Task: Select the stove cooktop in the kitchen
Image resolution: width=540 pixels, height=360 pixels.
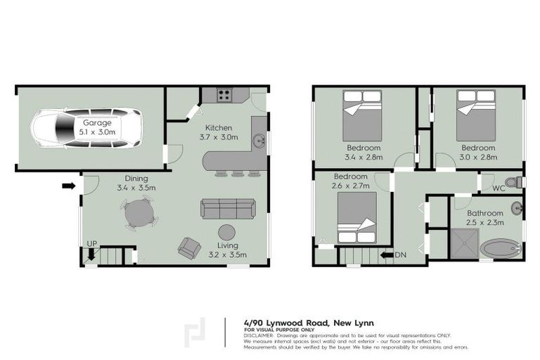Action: [x=225, y=94]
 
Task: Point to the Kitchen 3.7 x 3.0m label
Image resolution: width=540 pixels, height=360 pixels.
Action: [x=215, y=131]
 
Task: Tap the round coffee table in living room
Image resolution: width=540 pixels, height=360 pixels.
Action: [x=226, y=232]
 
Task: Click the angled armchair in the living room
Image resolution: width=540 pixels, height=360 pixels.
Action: [x=189, y=247]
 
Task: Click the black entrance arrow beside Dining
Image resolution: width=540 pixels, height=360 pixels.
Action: [x=68, y=186]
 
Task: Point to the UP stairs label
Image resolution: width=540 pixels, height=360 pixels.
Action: [x=91, y=243]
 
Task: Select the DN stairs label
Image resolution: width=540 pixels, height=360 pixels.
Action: [x=401, y=255]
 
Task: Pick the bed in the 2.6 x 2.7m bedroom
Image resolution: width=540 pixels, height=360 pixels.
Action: [x=357, y=217]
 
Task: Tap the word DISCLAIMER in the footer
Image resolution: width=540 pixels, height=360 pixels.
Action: [x=259, y=335]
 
